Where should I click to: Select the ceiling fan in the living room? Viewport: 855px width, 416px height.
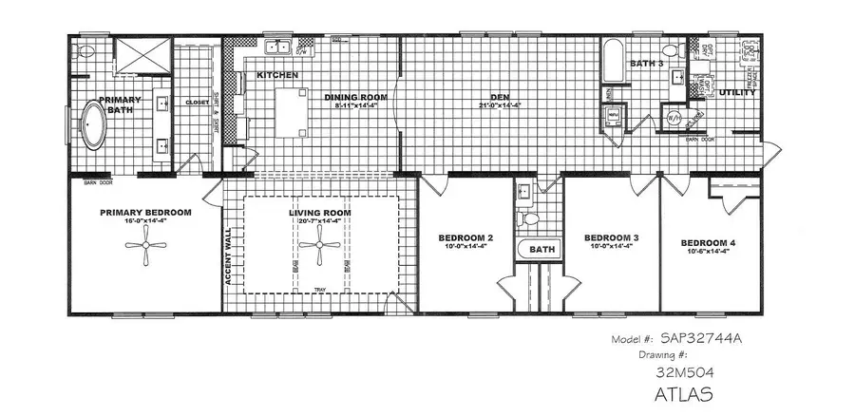(313, 250)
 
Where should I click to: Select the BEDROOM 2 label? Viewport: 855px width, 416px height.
(465, 237)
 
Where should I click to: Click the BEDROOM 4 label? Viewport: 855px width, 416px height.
(709, 244)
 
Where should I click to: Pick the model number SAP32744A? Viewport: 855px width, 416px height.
(692, 339)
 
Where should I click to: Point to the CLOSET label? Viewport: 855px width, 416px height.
(198, 102)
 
